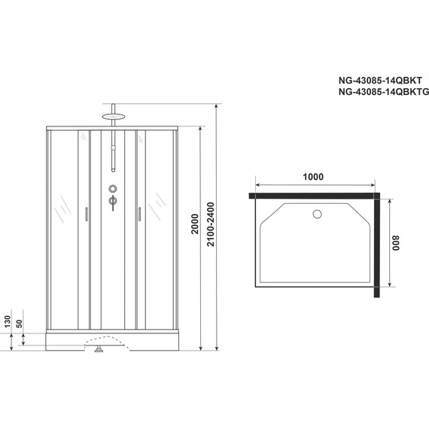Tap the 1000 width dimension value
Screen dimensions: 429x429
(313, 178)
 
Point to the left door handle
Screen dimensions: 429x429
(87, 215)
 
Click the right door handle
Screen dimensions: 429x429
(139, 215)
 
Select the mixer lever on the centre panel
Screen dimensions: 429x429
(113, 201)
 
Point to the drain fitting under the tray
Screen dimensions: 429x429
(99, 348)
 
